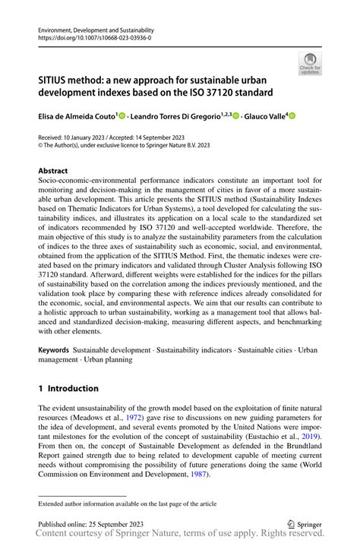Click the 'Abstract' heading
pos(52,172)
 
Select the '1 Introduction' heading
pos(68,388)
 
